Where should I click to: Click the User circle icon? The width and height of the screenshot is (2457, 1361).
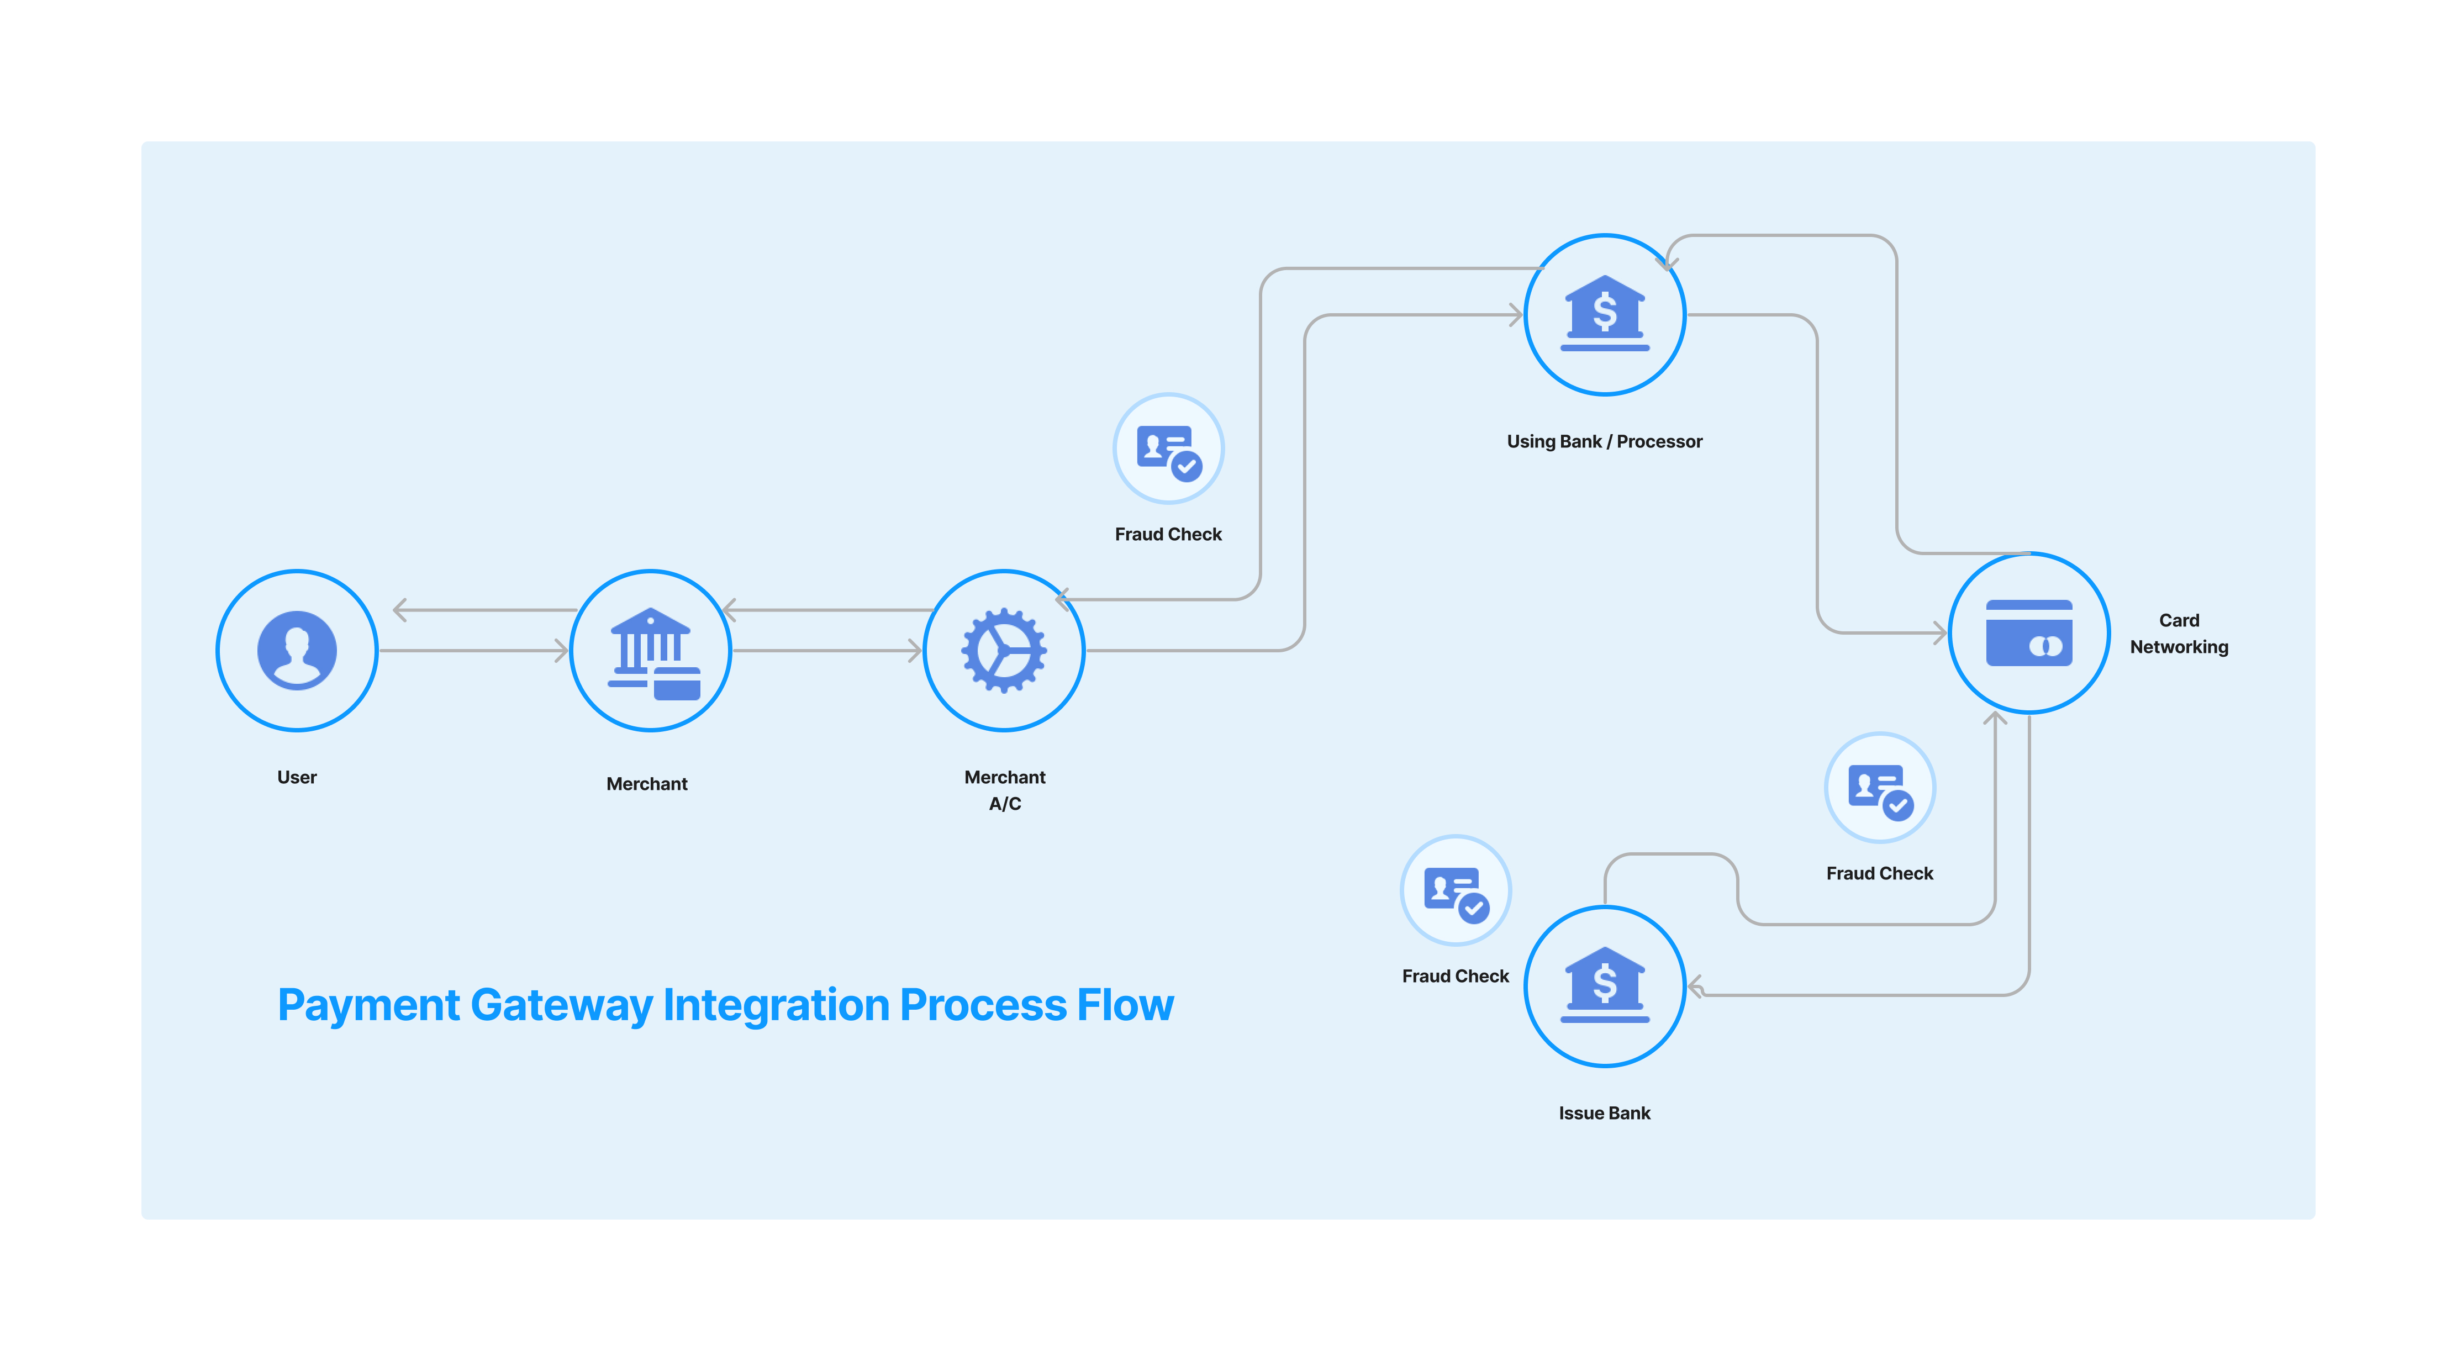click(297, 651)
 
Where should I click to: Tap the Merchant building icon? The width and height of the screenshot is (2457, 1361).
click(651, 651)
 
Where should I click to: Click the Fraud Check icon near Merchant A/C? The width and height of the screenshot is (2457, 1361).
click(1168, 449)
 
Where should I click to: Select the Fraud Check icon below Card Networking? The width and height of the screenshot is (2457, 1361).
click(1879, 788)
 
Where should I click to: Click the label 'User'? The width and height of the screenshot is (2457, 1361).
click(297, 777)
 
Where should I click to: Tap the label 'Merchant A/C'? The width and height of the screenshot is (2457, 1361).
click(1004, 790)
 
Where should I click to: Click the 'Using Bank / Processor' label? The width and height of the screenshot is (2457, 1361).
click(1604, 441)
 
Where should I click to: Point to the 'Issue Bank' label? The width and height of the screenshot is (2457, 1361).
click(1604, 1113)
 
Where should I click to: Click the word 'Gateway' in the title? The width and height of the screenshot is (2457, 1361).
click(561, 1006)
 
